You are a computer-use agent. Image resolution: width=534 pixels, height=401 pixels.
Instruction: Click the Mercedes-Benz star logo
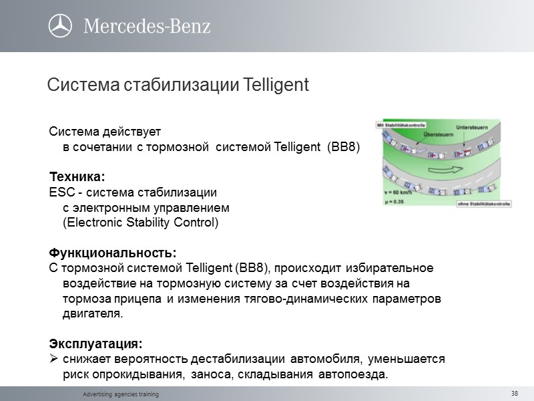tap(60, 26)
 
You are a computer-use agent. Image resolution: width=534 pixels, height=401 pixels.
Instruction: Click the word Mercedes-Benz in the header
tap(147, 27)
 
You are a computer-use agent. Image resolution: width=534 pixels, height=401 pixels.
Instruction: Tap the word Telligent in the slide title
tap(276, 86)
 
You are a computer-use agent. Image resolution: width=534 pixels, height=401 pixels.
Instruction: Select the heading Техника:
tap(77, 176)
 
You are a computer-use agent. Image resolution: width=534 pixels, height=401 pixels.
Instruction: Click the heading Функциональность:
tap(113, 253)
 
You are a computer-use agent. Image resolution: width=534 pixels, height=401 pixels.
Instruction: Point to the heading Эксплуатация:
tap(95, 344)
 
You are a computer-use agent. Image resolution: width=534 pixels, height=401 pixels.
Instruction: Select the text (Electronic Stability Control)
tap(140, 222)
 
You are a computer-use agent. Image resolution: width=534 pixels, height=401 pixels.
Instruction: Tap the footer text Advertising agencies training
tap(121, 395)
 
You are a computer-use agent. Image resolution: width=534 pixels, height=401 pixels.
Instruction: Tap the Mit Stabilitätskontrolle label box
tap(398, 124)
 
